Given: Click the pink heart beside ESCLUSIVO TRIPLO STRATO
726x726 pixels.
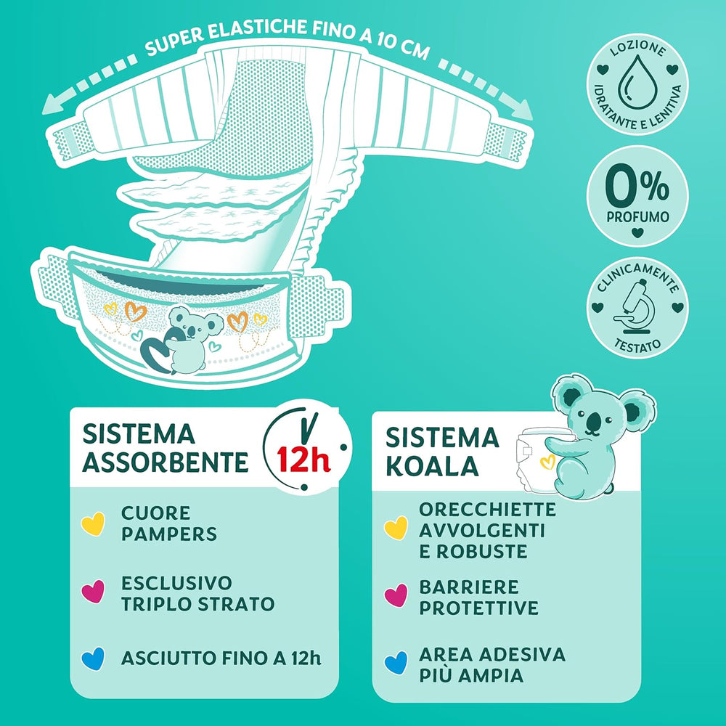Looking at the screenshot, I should click(x=93, y=593).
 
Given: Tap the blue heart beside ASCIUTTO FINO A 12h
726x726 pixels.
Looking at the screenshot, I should click(x=93, y=658).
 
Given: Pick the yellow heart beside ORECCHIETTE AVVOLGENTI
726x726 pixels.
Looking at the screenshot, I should click(x=396, y=528).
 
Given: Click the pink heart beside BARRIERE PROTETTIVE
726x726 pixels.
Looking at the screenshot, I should click(x=396, y=596).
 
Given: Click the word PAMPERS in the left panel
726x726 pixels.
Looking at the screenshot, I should click(x=169, y=534).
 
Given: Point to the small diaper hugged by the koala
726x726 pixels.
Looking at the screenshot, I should click(x=534, y=457).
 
